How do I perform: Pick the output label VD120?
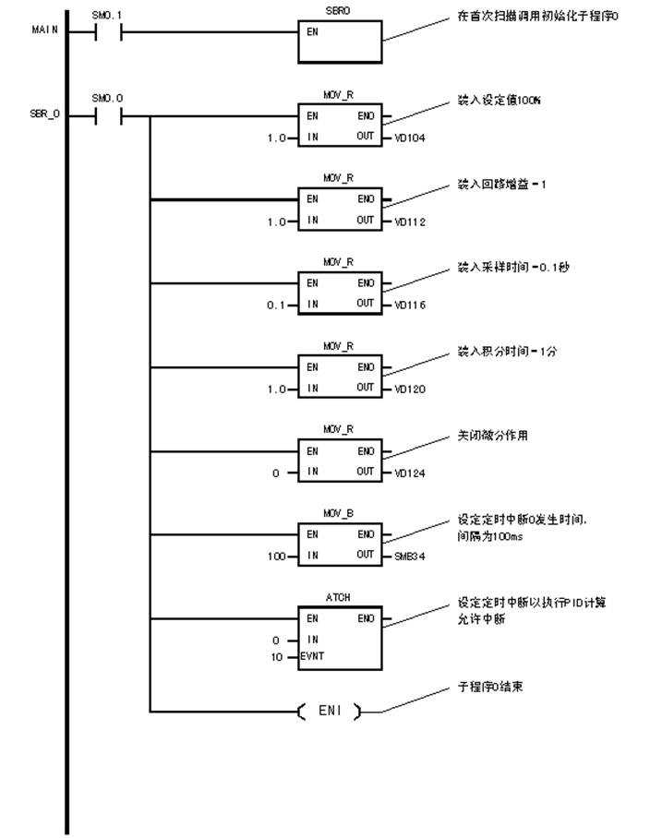408,389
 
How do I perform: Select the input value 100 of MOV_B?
286,557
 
